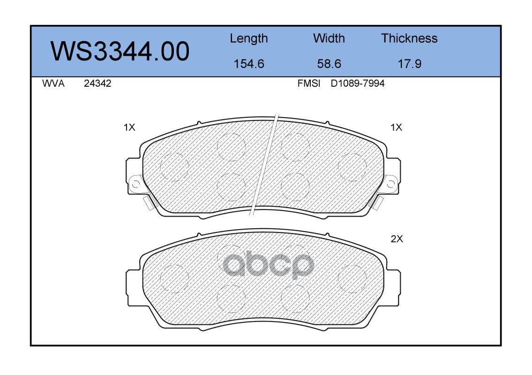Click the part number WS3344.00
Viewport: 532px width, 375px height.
pos(120,52)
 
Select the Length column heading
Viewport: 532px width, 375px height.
pos(249,39)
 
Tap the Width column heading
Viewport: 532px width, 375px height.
pos(329,38)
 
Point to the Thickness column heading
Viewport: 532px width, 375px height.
pos(409,38)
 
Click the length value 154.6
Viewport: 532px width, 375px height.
pos(249,64)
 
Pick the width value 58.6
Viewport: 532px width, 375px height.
pos(329,64)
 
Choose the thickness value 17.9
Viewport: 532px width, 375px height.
pos(410,64)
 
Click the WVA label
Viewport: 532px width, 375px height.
pos(53,83)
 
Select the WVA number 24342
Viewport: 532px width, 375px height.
pos(97,83)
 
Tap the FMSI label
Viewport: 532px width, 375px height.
pos(309,83)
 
